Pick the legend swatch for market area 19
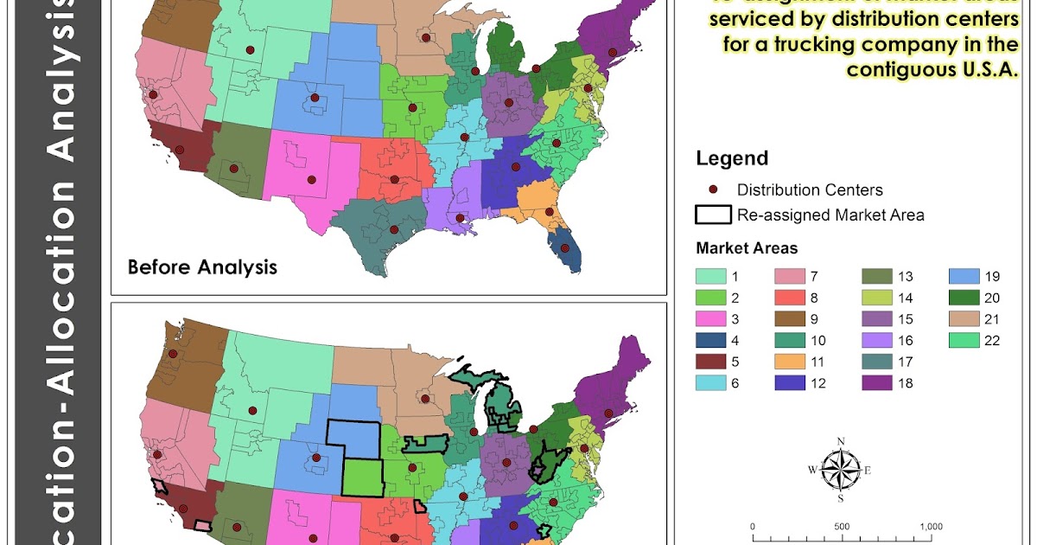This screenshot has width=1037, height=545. [964, 277]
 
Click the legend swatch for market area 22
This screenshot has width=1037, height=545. [964, 340]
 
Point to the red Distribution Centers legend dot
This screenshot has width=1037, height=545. [713, 189]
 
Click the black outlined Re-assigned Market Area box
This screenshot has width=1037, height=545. [713, 215]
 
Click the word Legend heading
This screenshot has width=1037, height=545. [731, 158]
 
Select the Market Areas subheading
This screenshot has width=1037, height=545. [747, 248]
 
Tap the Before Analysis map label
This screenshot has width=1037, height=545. [202, 266]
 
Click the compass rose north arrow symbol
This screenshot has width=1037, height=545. [840, 470]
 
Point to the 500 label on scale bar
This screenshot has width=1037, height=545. [842, 526]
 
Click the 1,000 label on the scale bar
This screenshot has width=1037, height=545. [932, 526]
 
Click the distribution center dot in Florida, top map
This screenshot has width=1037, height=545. [566, 248]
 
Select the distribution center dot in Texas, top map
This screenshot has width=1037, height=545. [394, 229]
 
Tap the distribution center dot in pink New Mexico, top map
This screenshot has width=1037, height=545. [311, 180]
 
